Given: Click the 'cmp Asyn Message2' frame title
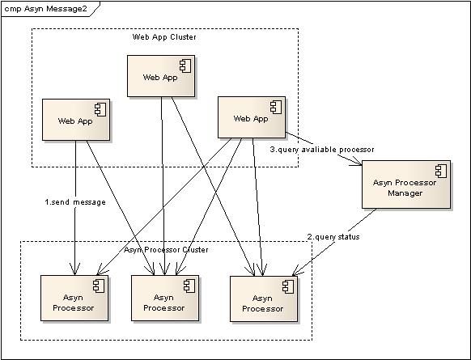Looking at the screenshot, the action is (x=45, y=9).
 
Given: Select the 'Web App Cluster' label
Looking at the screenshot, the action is (x=164, y=37).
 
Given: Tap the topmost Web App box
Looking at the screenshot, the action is (x=161, y=76).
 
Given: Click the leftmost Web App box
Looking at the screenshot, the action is (x=76, y=120).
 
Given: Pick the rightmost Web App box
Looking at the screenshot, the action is (x=252, y=117).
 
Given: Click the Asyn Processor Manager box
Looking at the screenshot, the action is (x=406, y=184).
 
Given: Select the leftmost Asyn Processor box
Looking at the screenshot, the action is (x=74, y=299).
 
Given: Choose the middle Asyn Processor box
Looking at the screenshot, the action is (x=165, y=299).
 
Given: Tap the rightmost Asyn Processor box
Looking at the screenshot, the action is (x=264, y=299).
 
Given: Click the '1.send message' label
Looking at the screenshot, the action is (x=75, y=202).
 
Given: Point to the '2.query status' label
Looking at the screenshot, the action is (x=333, y=237).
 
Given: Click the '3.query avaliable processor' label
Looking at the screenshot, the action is (x=322, y=150).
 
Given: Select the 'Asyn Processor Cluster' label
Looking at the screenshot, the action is (x=166, y=250).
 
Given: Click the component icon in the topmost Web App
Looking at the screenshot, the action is (x=185, y=66).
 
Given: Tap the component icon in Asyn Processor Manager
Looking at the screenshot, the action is (x=441, y=172).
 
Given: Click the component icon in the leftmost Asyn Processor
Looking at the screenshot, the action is (x=99, y=286).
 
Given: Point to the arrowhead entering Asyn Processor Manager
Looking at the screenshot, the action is (x=358, y=162).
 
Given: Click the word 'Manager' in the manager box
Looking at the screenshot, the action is (x=405, y=193).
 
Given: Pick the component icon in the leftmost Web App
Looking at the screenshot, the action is (x=100, y=110).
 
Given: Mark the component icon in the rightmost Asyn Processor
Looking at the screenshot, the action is (x=288, y=286).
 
